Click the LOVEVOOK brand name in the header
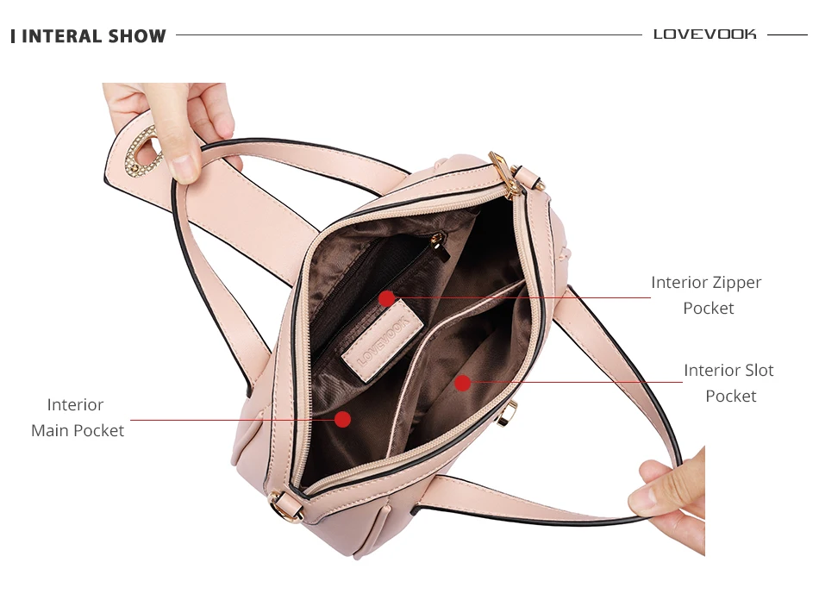tap(704, 34)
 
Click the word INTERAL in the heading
tap(58, 36)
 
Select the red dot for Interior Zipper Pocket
tap(387, 298)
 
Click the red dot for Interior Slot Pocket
tap(463, 382)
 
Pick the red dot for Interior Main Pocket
tap(342, 419)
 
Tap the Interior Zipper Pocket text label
tap(707, 295)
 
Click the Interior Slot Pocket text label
tap(729, 383)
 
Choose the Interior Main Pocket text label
tap(78, 417)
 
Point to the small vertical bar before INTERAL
tap(13, 36)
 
